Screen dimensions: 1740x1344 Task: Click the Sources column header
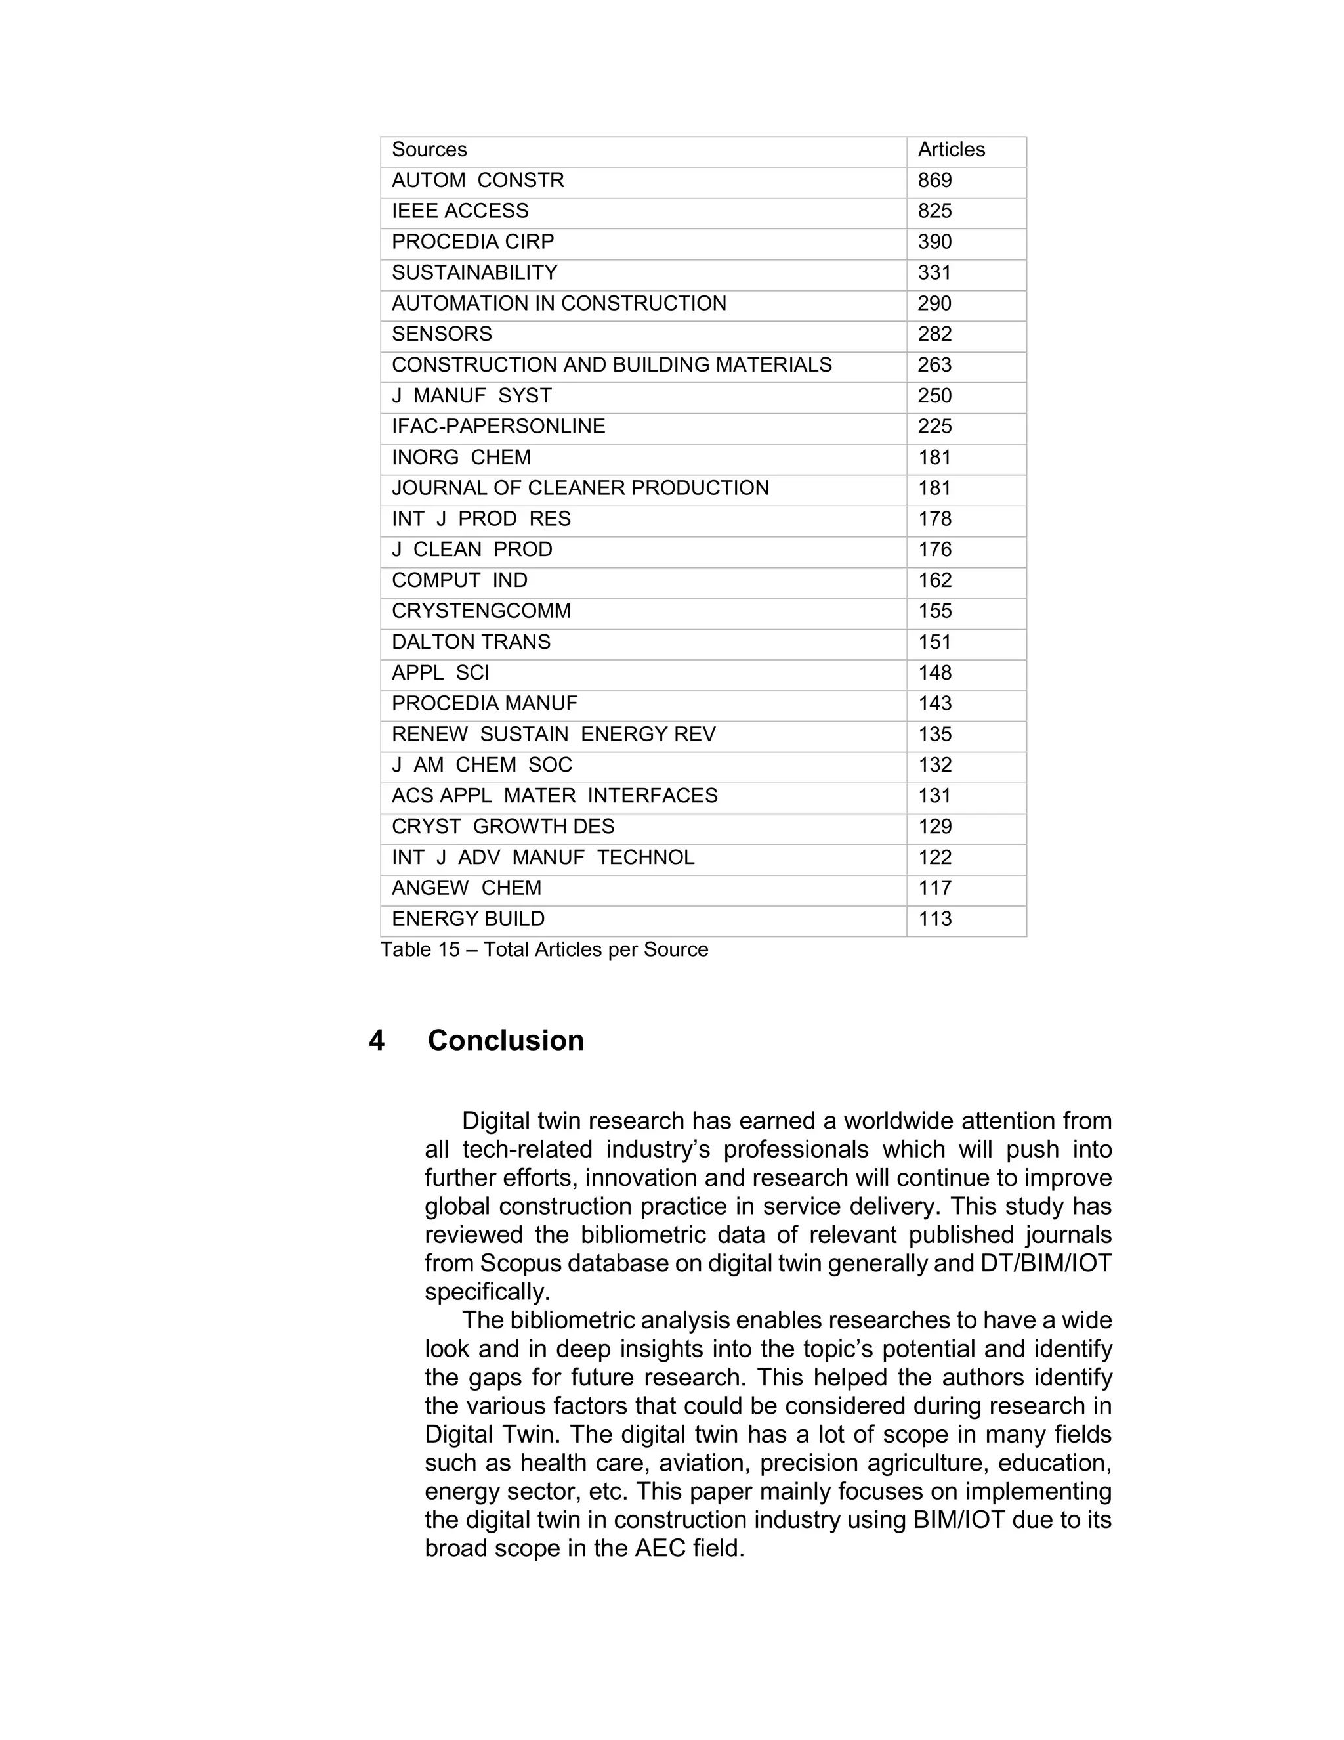(429, 150)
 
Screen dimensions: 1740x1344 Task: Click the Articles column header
(951, 150)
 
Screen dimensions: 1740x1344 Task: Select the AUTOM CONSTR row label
(478, 181)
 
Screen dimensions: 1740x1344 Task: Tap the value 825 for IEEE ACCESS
(934, 211)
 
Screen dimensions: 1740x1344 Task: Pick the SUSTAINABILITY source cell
(474, 272)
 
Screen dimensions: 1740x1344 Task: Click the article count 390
(934, 242)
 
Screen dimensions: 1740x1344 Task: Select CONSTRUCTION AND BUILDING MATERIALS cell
(612, 365)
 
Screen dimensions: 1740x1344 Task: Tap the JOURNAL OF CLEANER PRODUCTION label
(580, 489)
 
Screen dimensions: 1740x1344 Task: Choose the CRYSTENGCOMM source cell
(481, 611)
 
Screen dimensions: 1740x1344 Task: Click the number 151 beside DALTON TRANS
(934, 642)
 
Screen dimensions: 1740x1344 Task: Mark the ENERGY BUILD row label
(468, 919)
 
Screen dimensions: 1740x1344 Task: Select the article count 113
(934, 919)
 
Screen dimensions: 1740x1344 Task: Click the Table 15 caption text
(544, 949)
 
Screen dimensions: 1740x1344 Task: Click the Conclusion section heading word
(505, 1041)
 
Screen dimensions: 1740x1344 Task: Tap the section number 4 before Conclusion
(377, 1041)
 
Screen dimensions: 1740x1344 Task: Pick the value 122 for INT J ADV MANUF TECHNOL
(934, 858)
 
